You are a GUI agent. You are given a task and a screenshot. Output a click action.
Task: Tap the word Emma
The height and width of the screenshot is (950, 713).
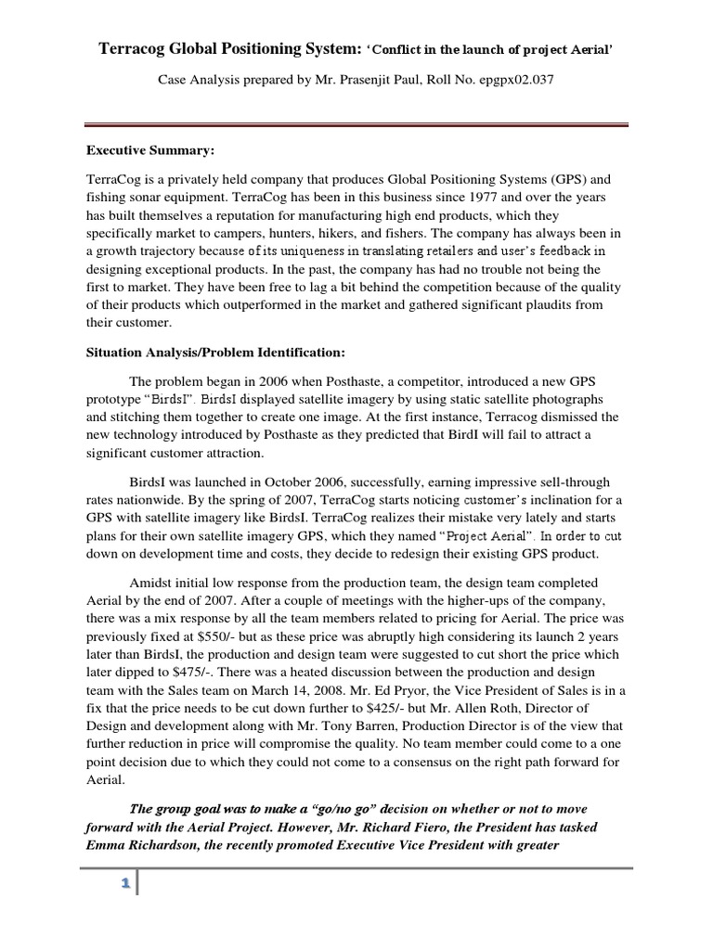(x=106, y=844)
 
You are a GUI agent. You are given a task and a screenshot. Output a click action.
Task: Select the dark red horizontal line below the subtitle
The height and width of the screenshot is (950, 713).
(x=356, y=125)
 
